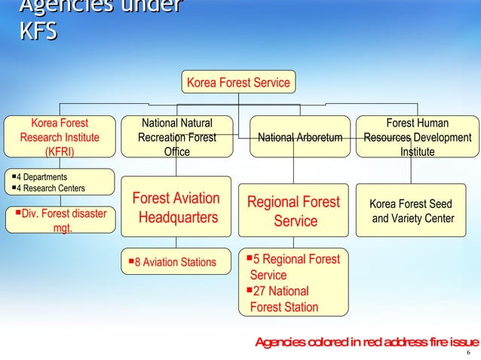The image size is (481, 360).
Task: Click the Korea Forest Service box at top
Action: (238, 82)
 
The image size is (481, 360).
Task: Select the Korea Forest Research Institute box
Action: (59, 137)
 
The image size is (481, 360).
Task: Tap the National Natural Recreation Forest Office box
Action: (176, 137)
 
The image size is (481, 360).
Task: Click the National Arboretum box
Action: (300, 137)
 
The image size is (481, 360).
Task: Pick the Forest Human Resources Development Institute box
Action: (417, 137)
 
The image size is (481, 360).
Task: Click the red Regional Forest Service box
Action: (294, 212)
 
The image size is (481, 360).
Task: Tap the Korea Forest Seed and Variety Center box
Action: (411, 212)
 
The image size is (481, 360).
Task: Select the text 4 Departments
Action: (42, 177)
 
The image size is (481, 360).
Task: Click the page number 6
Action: (469, 354)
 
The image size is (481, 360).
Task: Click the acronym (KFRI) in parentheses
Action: (60, 151)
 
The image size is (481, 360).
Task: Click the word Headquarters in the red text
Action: (178, 218)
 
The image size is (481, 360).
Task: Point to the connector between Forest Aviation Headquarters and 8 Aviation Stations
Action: (176, 241)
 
